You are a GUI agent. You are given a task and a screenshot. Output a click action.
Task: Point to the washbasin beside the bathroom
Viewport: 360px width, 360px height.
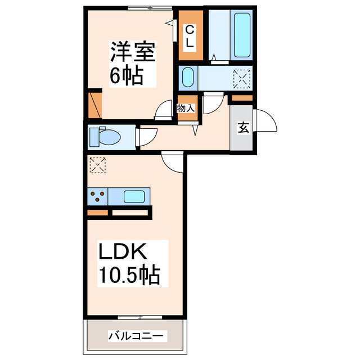point(188,78)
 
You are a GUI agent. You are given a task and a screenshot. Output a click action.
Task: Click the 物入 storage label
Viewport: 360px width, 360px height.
point(186,108)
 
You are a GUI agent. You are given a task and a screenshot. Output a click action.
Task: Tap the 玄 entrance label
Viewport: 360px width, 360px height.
point(242,128)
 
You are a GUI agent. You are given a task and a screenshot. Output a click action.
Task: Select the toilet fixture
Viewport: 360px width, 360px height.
point(107,137)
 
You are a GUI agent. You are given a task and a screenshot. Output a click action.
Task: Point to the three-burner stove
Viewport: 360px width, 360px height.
point(98,197)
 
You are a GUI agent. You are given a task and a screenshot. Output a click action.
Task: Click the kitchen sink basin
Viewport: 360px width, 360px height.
point(134,197)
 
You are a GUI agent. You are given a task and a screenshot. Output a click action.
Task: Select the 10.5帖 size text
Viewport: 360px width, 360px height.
point(129,275)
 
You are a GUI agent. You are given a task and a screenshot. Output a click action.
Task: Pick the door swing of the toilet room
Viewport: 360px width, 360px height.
point(147,137)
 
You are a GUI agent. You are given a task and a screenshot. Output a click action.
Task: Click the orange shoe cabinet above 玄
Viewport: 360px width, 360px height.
point(242,99)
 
